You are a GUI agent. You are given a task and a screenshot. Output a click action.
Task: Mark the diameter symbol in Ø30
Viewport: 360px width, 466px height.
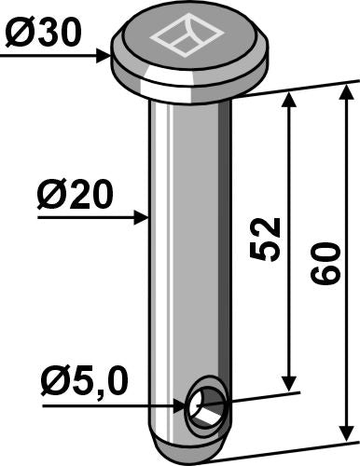tap(21, 34)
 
